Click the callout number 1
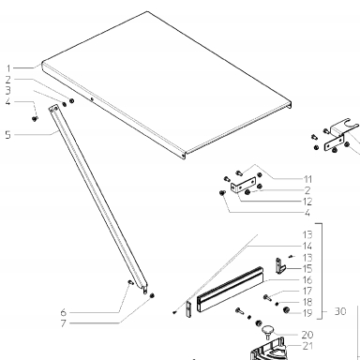point(8,68)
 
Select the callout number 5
point(7,135)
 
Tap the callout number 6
point(64,312)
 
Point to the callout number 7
point(64,323)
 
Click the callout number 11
point(307,179)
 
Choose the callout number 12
point(307,202)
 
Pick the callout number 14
point(307,246)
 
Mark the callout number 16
point(307,279)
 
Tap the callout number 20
point(307,335)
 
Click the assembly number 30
point(340,311)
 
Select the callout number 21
point(307,346)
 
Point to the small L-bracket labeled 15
point(280,266)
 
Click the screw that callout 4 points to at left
point(35,118)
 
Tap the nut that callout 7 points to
point(152,295)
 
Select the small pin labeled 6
point(131,282)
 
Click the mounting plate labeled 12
point(243,184)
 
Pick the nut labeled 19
point(286,310)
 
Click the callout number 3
point(7,90)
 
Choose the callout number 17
point(307,291)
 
